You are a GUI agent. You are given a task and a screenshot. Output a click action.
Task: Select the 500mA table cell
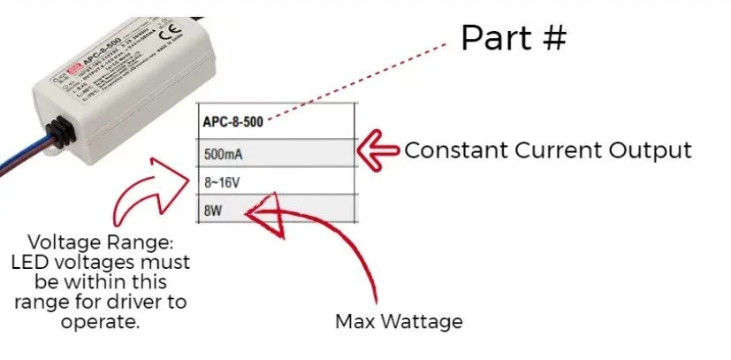278,153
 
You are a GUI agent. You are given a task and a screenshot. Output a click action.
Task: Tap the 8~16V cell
278,181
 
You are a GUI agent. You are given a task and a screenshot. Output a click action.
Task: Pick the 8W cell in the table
278,210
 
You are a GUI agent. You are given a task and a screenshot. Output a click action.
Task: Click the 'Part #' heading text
513,38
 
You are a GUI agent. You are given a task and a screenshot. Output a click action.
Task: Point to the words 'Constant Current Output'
547,150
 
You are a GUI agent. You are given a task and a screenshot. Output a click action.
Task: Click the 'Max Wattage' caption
398,320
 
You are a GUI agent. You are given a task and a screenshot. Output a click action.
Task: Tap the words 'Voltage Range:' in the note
108,242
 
